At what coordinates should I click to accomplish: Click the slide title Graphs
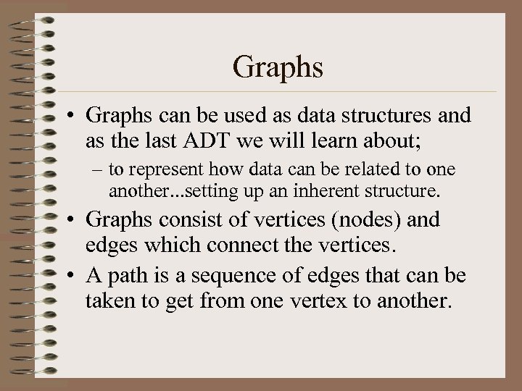[x=278, y=68]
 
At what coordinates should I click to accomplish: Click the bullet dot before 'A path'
[x=70, y=276]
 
